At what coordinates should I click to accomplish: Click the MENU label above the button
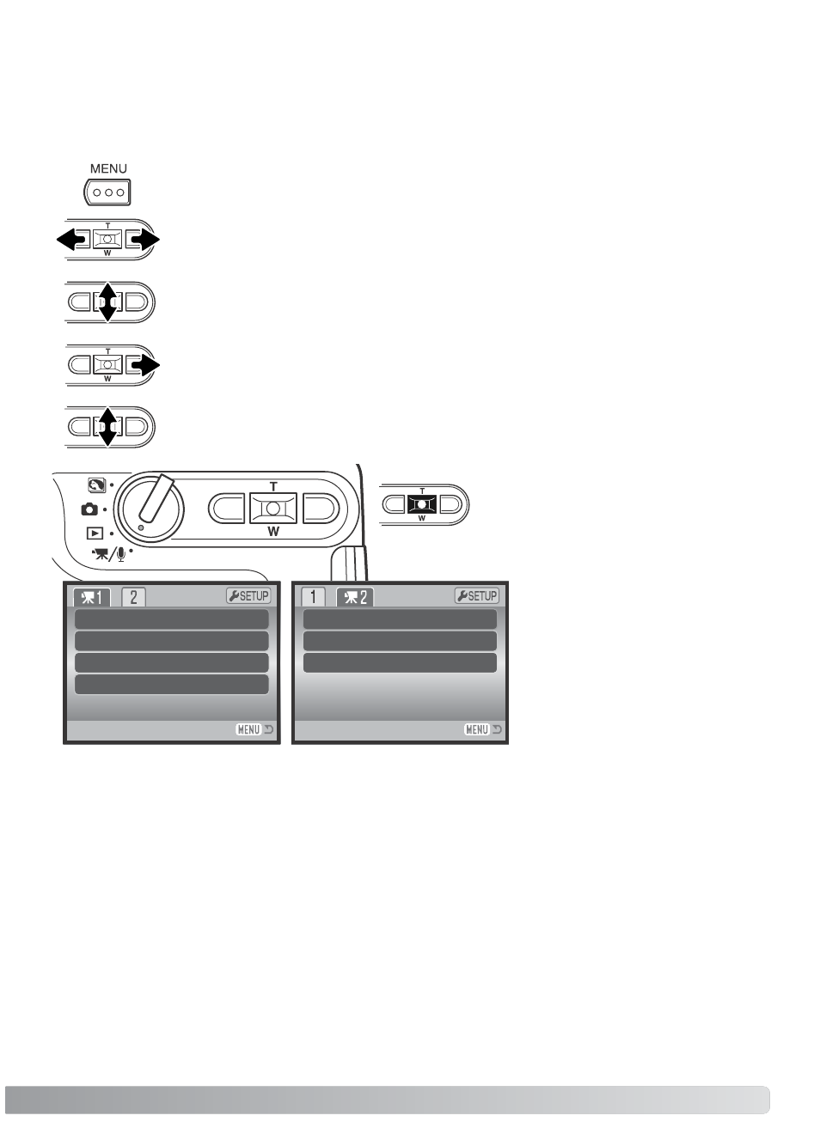108,168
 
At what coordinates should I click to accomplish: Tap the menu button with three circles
107,192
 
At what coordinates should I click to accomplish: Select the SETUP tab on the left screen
248,596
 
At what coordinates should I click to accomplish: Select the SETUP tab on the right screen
477,596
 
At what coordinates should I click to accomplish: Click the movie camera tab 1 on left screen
92,597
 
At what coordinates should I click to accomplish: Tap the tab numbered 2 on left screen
133,597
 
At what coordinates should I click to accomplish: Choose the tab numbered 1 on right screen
313,597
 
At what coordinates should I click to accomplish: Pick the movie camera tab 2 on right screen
355,597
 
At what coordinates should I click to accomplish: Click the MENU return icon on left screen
254,729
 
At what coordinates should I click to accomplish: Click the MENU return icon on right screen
483,729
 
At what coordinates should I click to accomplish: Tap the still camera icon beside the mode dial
89,509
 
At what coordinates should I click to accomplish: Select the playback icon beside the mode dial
95,533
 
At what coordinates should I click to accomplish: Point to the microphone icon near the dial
121,554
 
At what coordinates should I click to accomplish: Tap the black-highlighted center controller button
422,503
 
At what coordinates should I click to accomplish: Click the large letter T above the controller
273,487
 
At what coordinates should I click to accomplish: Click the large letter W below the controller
273,531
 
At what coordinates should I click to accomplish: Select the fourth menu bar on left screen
172,685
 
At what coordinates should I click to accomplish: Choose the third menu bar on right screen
400,662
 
